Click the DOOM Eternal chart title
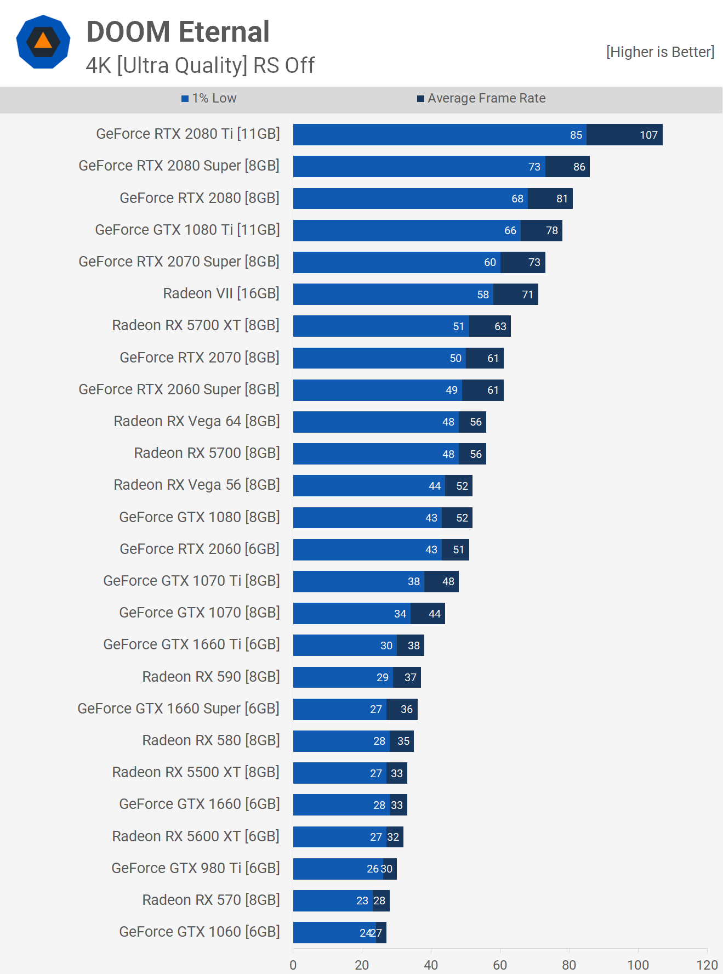(178, 32)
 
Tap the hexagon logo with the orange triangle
(43, 42)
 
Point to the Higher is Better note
(660, 52)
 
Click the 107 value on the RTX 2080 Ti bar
(648, 135)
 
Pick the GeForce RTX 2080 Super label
(179, 166)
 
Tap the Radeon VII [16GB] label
(221, 293)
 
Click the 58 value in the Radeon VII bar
(482, 295)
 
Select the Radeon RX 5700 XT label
(196, 325)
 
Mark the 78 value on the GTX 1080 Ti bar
(551, 230)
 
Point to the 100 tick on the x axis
(638, 965)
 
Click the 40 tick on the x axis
(431, 965)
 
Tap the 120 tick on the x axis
(707, 965)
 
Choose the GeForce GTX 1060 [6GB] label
(200, 932)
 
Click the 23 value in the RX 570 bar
(362, 901)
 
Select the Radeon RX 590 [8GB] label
(211, 677)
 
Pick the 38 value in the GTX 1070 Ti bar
(413, 581)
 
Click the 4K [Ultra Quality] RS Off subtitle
(200, 65)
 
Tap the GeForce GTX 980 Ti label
(196, 868)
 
